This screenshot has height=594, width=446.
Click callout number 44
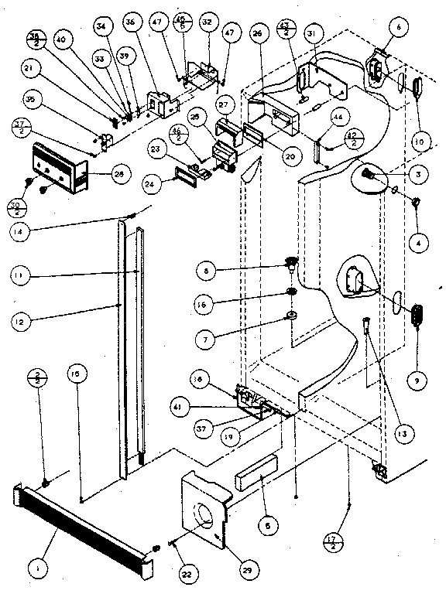(337, 118)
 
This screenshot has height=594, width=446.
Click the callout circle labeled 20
(268, 155)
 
